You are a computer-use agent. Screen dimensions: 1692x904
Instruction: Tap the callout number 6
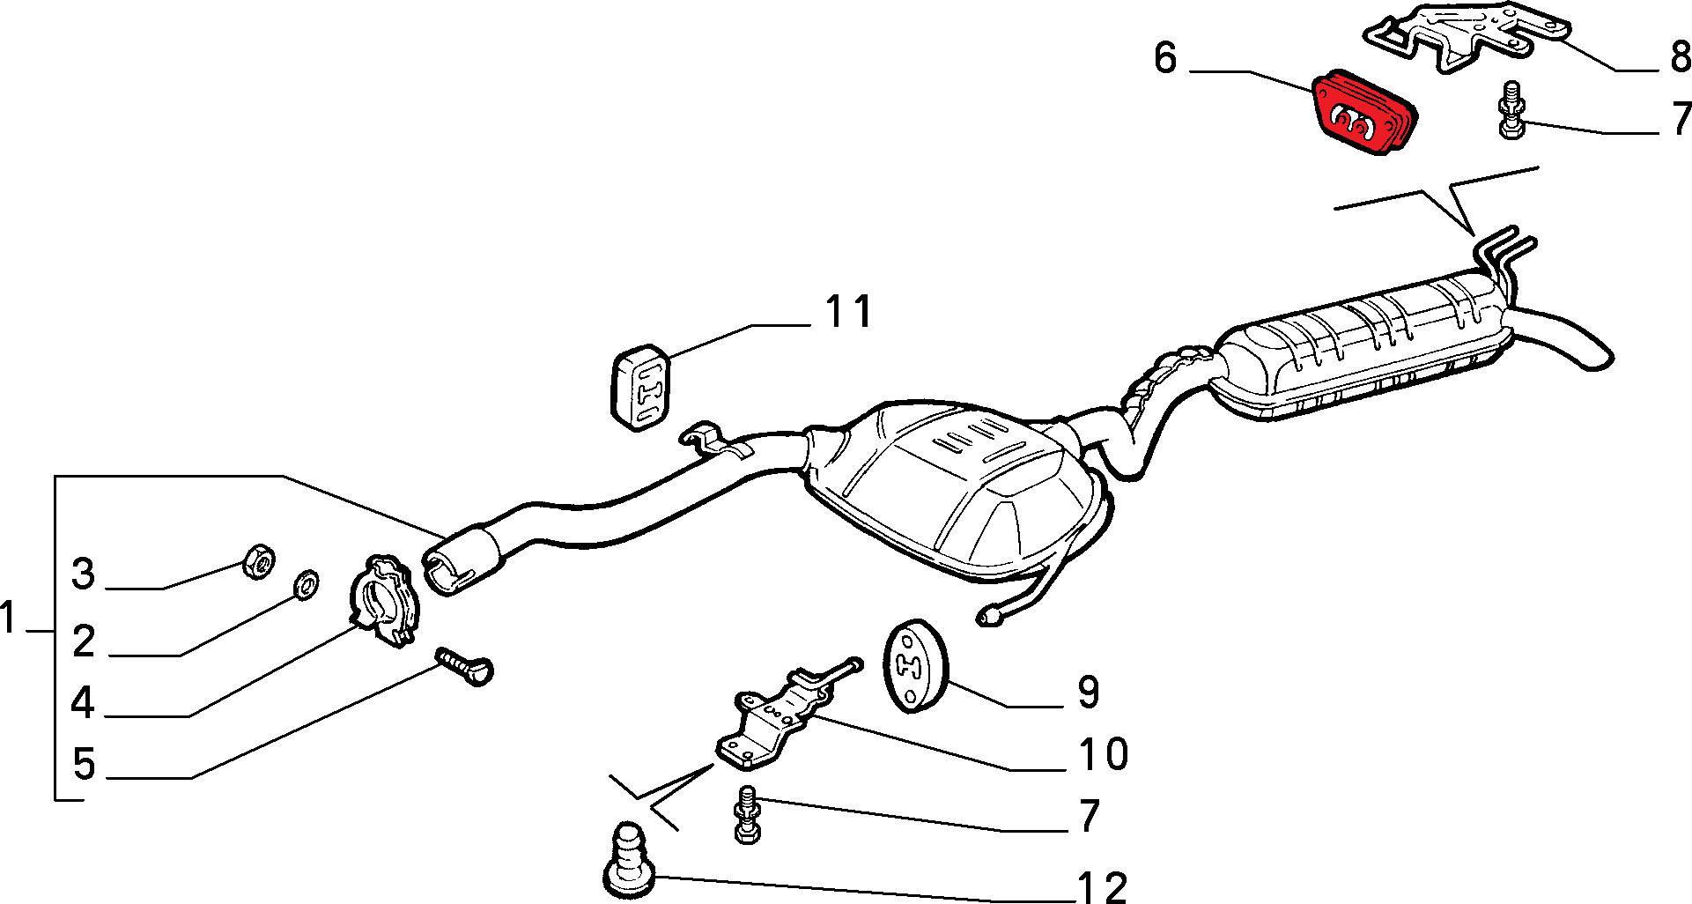tap(1165, 58)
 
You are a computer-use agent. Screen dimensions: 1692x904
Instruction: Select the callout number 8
tap(1681, 57)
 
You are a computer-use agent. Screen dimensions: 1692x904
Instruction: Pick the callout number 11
tap(848, 311)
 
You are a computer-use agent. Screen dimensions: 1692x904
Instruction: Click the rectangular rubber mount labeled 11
tap(640, 387)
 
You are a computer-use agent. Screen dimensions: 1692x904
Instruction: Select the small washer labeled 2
tap(306, 582)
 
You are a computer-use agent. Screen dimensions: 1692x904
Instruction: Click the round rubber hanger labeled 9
tap(914, 666)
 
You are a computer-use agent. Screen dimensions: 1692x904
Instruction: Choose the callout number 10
tap(1103, 755)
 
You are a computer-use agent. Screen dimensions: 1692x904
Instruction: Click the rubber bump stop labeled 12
tap(629, 859)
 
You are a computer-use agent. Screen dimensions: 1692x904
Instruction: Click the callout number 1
tap(9, 618)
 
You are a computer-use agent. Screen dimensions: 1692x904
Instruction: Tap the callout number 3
tap(83, 574)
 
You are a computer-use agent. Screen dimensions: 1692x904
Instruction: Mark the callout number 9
tap(1089, 693)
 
